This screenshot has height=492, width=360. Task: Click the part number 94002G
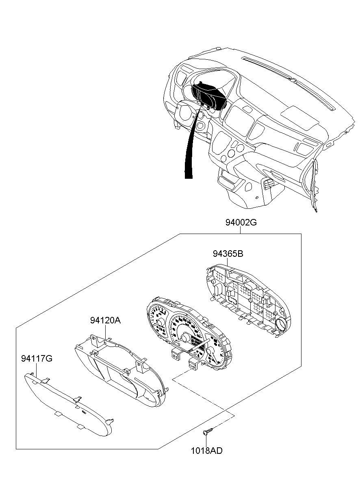(241, 223)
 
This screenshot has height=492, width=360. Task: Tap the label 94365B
(228, 254)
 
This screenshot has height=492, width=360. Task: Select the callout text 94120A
(105, 321)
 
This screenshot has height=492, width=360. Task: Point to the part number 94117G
(37, 358)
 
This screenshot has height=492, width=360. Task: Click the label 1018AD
(207, 451)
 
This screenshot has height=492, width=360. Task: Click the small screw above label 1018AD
(207, 430)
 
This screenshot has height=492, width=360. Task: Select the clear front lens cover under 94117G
(67, 403)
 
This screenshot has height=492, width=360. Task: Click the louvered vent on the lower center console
(269, 185)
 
